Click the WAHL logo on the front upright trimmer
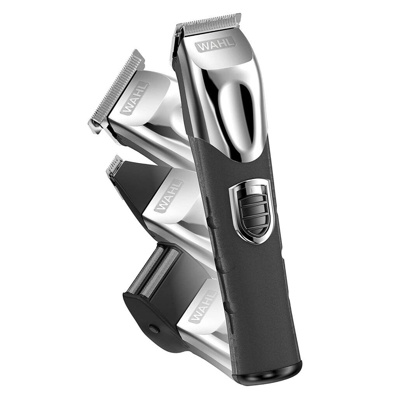pyautogui.click(x=216, y=44)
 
